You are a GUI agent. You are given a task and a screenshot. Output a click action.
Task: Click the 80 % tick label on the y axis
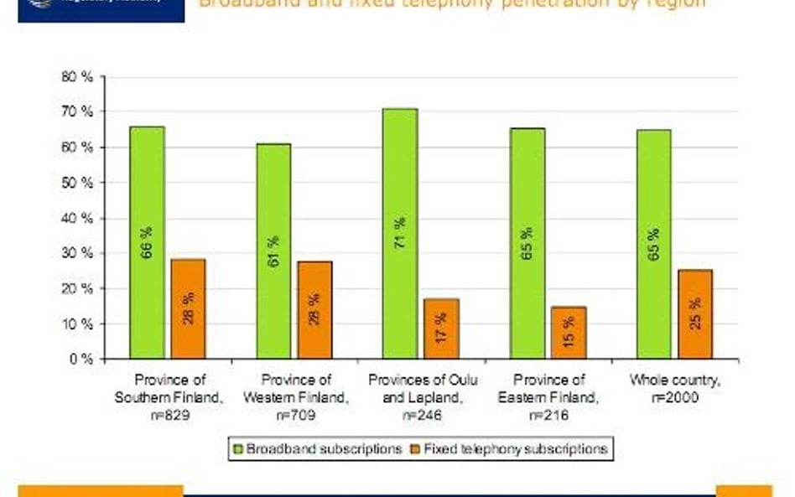coord(77,77)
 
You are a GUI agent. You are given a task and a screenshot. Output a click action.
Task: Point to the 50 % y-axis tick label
coord(77,183)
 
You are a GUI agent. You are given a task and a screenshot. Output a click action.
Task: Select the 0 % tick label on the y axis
coord(81,359)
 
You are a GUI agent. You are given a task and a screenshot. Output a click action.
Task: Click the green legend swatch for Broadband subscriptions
coord(237,449)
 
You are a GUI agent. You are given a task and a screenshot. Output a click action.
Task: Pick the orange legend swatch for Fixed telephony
coord(414,449)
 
